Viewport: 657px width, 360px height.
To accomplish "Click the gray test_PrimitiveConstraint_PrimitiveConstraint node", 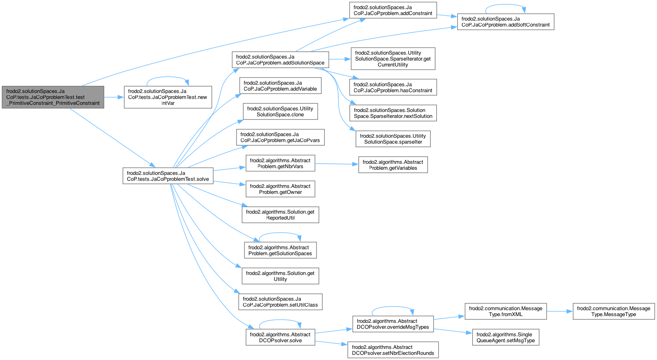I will (53, 97).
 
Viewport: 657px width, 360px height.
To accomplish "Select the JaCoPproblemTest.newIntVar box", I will (168, 97).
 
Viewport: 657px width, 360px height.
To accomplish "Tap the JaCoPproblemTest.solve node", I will (168, 176).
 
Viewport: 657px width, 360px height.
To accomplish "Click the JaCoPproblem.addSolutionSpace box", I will (280, 60).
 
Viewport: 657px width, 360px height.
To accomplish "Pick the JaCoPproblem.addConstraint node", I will (393, 10).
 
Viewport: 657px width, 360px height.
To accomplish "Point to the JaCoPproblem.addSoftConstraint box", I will (506, 22).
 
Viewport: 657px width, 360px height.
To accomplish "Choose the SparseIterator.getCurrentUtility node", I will (393, 59).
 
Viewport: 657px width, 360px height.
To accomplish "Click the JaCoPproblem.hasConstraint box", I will (393, 87).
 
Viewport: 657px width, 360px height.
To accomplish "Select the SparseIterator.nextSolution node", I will (393, 113).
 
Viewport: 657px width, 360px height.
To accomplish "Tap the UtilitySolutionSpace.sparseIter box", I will (393, 139).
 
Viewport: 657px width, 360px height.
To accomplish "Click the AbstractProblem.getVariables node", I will (393, 165).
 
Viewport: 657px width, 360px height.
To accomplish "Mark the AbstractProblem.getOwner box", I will (280, 189).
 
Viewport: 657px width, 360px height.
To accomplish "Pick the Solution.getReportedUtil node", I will (280, 215).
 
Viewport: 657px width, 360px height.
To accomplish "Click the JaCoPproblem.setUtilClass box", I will (280, 302).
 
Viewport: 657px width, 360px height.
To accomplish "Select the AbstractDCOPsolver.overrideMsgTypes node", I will (393, 324).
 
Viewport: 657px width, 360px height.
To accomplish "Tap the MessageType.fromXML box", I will (506, 311).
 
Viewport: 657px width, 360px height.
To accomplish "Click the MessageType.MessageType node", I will (613, 311).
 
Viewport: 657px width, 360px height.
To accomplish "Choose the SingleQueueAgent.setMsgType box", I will (506, 337).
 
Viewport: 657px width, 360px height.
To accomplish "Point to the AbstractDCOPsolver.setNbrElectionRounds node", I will (393, 350).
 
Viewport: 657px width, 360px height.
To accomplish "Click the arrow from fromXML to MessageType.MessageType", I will (560, 311).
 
